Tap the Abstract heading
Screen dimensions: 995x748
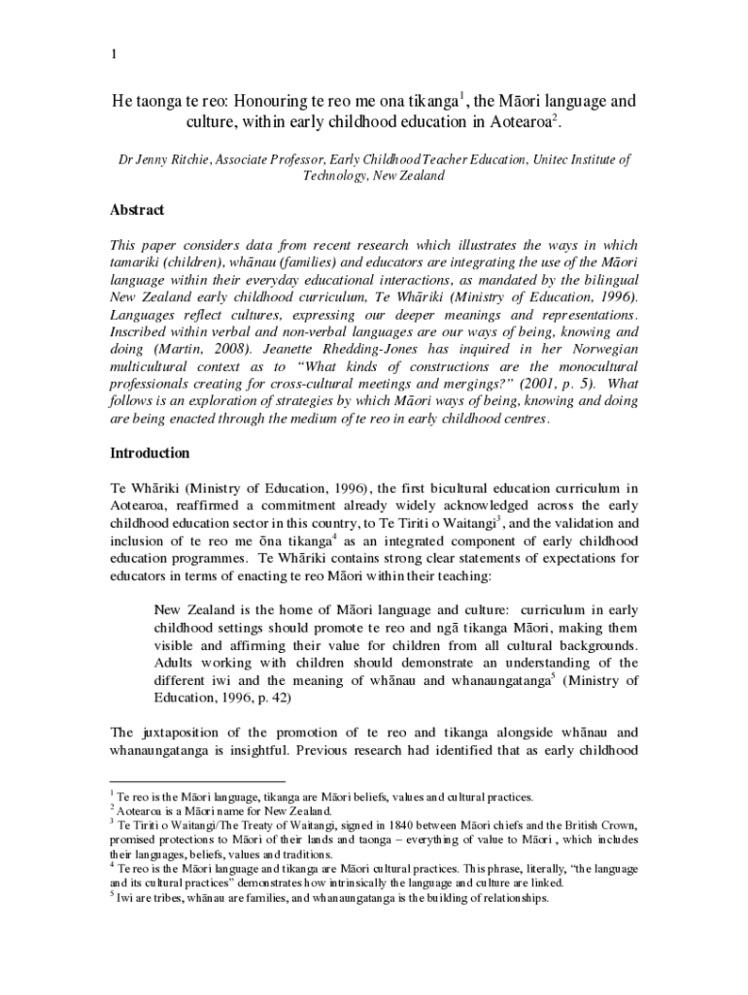point(137,210)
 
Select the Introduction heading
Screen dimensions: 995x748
point(150,454)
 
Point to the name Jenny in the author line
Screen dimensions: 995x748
point(156,159)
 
